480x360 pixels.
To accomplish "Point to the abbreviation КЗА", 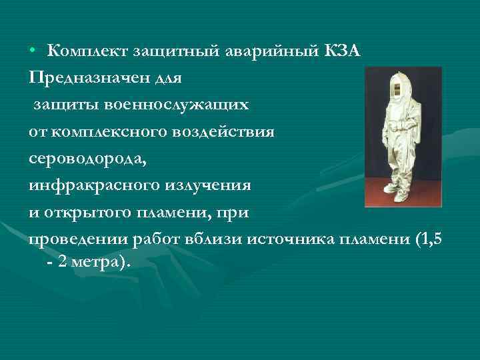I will (x=343, y=51).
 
